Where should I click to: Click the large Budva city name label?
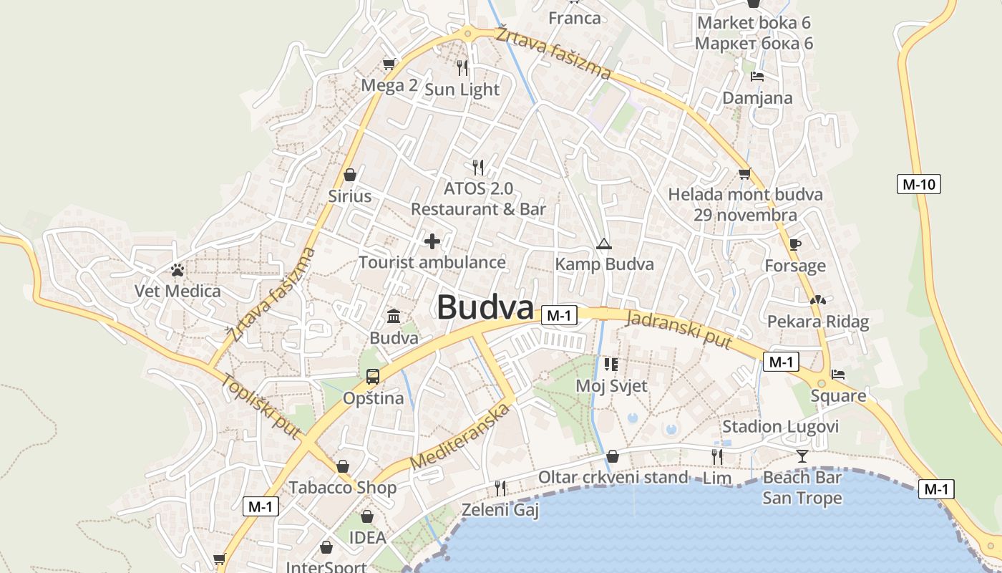coord(485,308)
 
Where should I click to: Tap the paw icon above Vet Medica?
coord(177,270)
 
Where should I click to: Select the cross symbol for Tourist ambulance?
coord(432,241)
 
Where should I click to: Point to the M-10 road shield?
coord(918,184)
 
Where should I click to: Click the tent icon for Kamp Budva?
coord(604,244)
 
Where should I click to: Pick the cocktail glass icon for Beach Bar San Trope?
coord(802,456)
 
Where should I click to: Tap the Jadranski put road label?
coord(678,330)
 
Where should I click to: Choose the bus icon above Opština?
coord(373,376)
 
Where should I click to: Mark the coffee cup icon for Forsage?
coord(794,245)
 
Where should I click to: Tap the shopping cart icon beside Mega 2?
coord(389,64)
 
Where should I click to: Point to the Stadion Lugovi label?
coord(780,427)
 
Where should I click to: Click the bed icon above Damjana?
coord(757,77)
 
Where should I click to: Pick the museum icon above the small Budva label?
coord(394,316)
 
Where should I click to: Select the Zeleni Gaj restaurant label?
coord(500,510)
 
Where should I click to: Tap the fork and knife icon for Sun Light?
coord(462,68)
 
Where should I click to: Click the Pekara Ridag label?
coord(818,322)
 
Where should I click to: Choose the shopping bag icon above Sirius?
coord(350,175)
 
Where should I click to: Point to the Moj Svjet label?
coord(611,386)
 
